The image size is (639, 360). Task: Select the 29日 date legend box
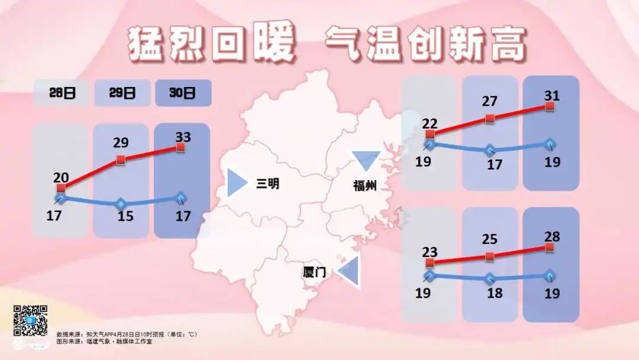(122, 93)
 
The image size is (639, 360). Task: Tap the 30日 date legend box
(183, 93)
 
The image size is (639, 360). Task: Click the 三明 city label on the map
(267, 184)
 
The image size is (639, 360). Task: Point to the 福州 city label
(365, 187)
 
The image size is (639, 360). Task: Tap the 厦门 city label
(314, 272)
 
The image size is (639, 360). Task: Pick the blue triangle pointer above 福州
(365, 160)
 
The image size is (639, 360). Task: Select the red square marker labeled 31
(550, 106)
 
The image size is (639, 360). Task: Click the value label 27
(489, 101)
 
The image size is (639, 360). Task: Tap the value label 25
(489, 240)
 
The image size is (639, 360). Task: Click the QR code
(30, 320)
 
